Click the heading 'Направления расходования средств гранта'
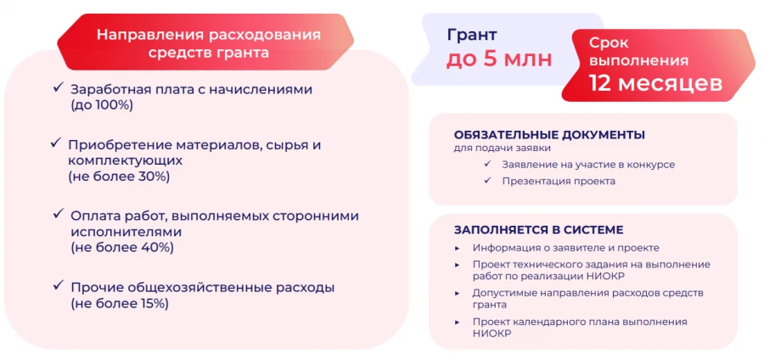click(209, 42)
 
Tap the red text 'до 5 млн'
click(499, 59)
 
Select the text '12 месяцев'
click(655, 82)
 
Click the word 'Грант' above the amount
click(472, 35)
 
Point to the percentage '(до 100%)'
click(102, 105)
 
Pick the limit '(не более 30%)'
click(119, 177)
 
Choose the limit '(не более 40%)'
click(122, 247)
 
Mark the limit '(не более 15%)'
click(120, 304)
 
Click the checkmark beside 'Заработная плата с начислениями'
click(59, 87)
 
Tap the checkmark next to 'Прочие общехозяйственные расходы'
click(59, 285)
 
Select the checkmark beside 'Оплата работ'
click(59, 214)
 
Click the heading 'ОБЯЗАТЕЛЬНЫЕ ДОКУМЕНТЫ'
click(549, 135)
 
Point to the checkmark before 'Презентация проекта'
click(487, 181)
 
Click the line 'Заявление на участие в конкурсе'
click(588, 165)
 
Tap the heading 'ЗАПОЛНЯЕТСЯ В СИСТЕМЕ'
click(539, 229)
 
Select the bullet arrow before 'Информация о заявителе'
click(457, 248)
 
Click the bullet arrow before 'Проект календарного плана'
click(457, 323)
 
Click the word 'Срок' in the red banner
click(609, 42)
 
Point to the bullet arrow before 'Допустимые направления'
click(457, 293)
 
